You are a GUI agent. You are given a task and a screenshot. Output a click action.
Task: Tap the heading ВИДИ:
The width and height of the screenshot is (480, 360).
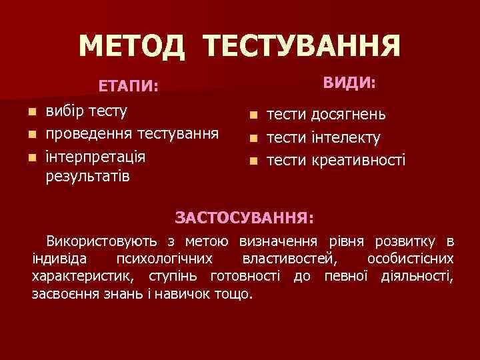349,83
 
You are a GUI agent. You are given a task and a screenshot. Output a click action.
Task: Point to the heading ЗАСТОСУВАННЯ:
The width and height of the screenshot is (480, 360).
245,217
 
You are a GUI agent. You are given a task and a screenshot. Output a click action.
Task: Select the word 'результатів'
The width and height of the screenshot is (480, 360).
88,177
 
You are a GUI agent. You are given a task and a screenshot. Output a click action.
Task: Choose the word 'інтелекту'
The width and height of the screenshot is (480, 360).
345,138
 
